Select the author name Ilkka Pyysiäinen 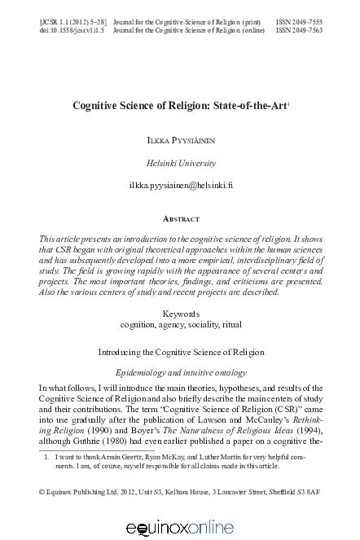pos(180,140)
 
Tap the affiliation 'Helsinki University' pos(180,162)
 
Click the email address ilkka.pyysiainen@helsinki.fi pos(180,185)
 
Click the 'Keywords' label pos(180,313)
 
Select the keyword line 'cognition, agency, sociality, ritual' pos(180,323)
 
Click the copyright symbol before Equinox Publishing pos(42,494)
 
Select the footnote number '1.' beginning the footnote pos(47,459)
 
